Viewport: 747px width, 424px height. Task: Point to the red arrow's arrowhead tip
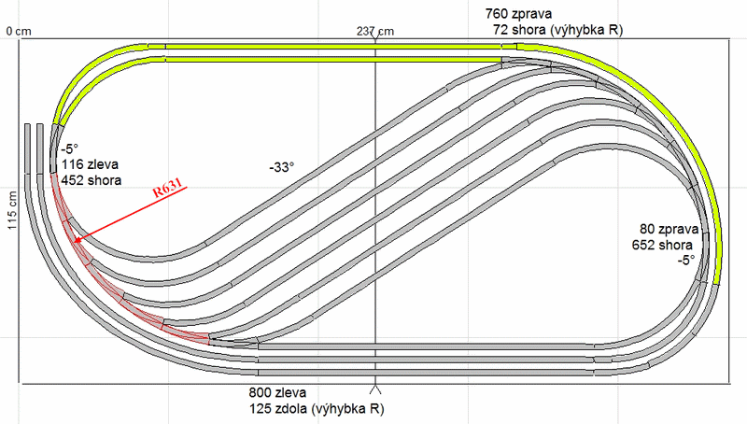tap(74, 242)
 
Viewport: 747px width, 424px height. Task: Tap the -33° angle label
tap(281, 167)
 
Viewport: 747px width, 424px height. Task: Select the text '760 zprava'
tap(518, 14)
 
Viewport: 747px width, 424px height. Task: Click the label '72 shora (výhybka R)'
tap(557, 30)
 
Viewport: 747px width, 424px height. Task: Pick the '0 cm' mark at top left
tap(19, 32)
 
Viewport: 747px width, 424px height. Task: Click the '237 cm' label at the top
tap(375, 32)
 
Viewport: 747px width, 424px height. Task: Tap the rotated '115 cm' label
tap(12, 210)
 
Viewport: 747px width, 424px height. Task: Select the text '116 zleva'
tap(90, 164)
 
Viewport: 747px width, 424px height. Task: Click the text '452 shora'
tap(92, 180)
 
